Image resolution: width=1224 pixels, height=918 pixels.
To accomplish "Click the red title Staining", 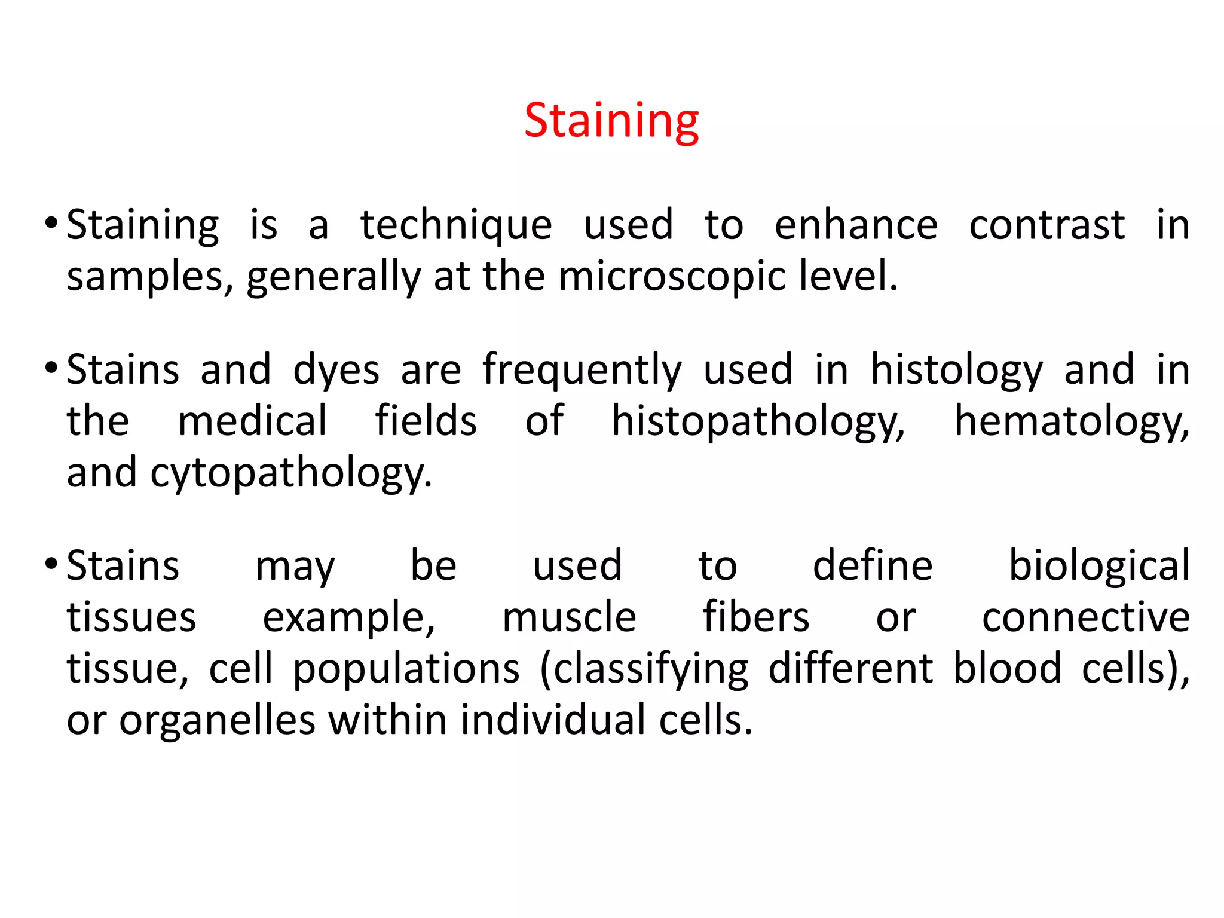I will (x=611, y=121).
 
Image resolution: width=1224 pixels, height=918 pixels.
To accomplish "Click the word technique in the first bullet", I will (x=456, y=225).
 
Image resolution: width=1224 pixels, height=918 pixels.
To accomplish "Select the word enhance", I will (x=856, y=225).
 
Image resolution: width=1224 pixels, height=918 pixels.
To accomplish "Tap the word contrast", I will (x=1046, y=225).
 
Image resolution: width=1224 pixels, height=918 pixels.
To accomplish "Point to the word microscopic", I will (x=672, y=277).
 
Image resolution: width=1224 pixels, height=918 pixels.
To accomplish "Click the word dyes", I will (x=336, y=371).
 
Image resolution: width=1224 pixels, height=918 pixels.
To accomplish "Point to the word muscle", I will (x=569, y=617).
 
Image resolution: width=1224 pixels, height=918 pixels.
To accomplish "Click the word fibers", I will (x=755, y=617).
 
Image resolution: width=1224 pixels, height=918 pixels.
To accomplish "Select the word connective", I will (x=1086, y=617).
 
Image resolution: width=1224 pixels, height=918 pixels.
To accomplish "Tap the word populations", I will (x=406, y=669).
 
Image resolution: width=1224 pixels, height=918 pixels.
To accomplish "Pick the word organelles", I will (x=217, y=720).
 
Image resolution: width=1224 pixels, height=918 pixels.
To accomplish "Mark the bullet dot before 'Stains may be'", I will (x=51, y=564).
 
